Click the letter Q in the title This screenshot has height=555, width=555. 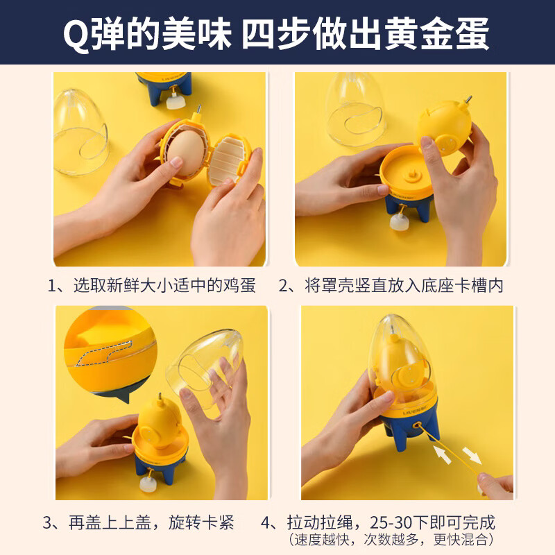point(75,33)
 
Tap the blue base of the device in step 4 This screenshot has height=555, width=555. point(402,434)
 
